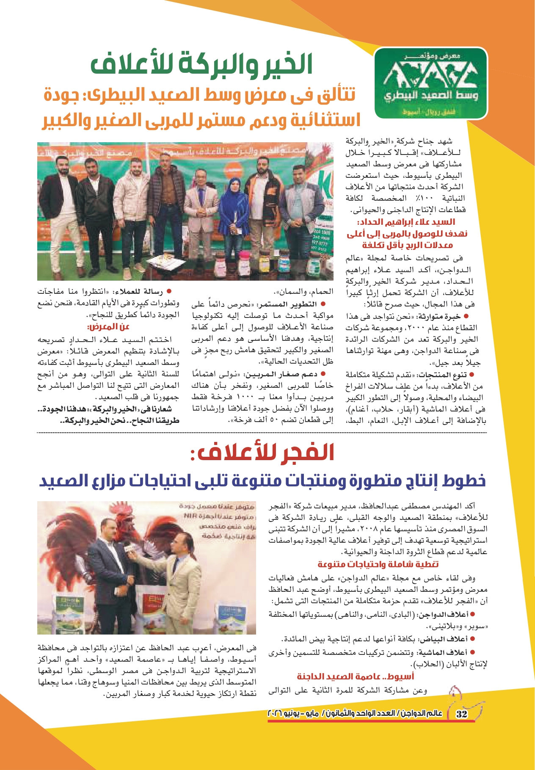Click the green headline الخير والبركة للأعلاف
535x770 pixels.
pos(201,64)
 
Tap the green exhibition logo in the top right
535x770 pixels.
pos(431,83)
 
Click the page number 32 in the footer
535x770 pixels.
pos(462,713)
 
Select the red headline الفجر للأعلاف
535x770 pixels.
pos(262,453)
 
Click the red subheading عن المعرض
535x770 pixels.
pos(108,327)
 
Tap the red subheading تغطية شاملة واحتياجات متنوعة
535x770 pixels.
pos(378,564)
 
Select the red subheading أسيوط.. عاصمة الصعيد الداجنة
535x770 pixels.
pos(355,676)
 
